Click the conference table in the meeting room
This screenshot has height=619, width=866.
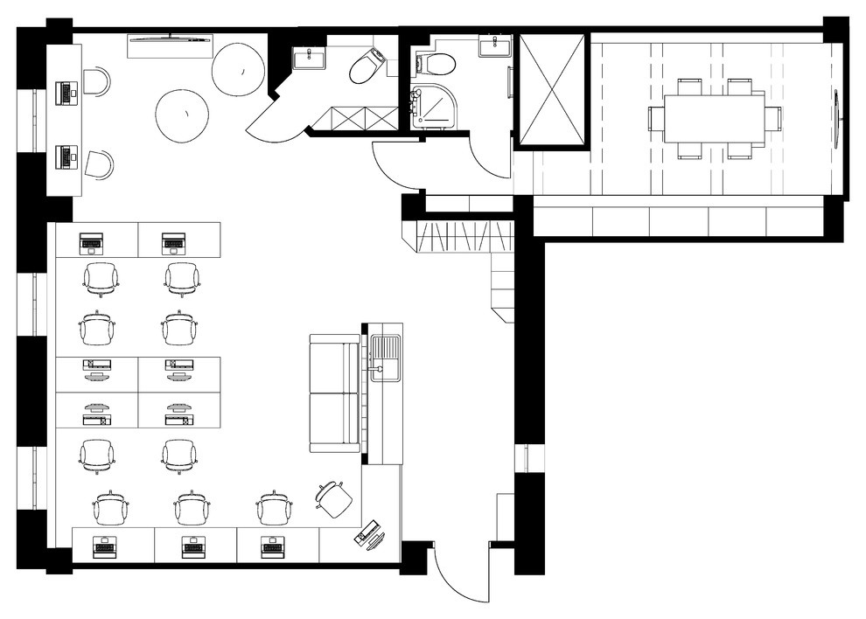(x=714, y=118)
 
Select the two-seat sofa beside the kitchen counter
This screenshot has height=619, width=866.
(x=334, y=393)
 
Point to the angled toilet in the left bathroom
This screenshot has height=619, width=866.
(x=367, y=66)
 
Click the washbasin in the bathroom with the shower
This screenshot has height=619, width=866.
(x=495, y=46)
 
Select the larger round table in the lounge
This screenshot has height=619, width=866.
(x=238, y=70)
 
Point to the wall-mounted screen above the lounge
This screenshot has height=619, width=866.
(x=171, y=38)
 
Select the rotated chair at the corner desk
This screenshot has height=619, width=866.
(x=334, y=497)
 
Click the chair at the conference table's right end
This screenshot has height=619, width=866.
(x=773, y=118)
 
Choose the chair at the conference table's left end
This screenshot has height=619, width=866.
(x=655, y=118)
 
